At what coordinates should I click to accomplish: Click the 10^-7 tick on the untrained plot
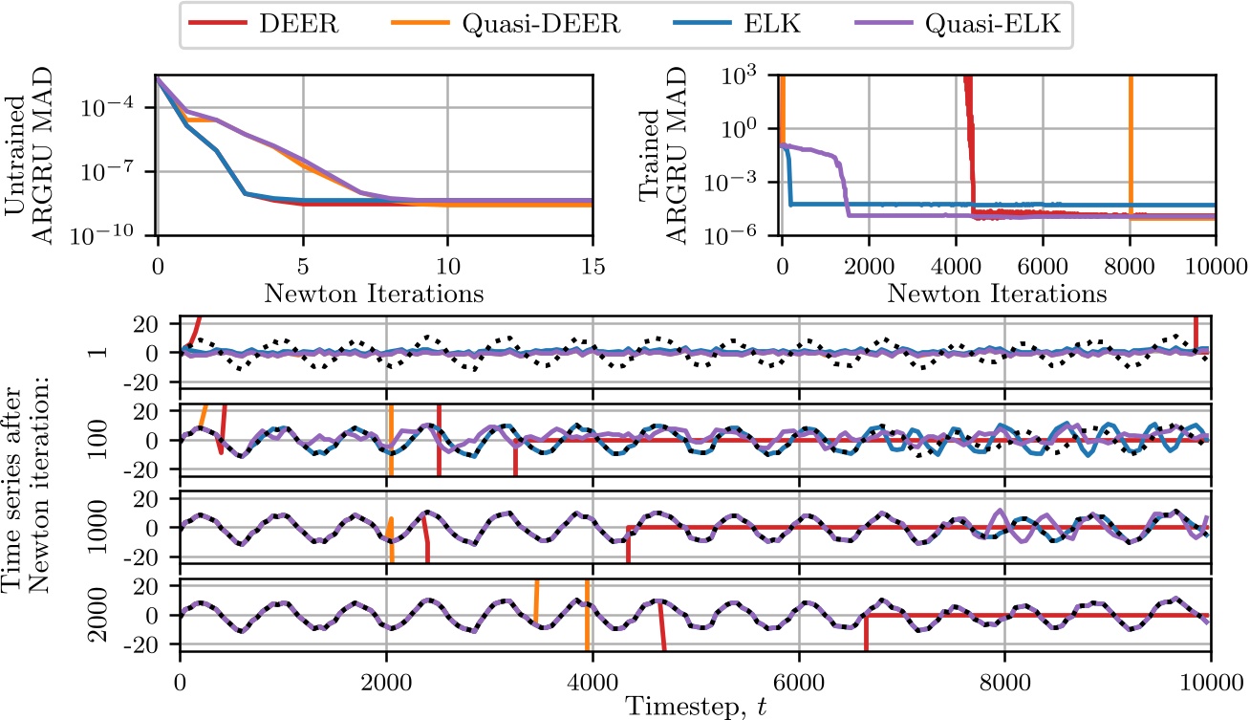[122, 172]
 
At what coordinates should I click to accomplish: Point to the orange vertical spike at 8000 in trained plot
[1131, 143]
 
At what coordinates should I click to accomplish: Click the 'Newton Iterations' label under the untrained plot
[375, 294]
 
